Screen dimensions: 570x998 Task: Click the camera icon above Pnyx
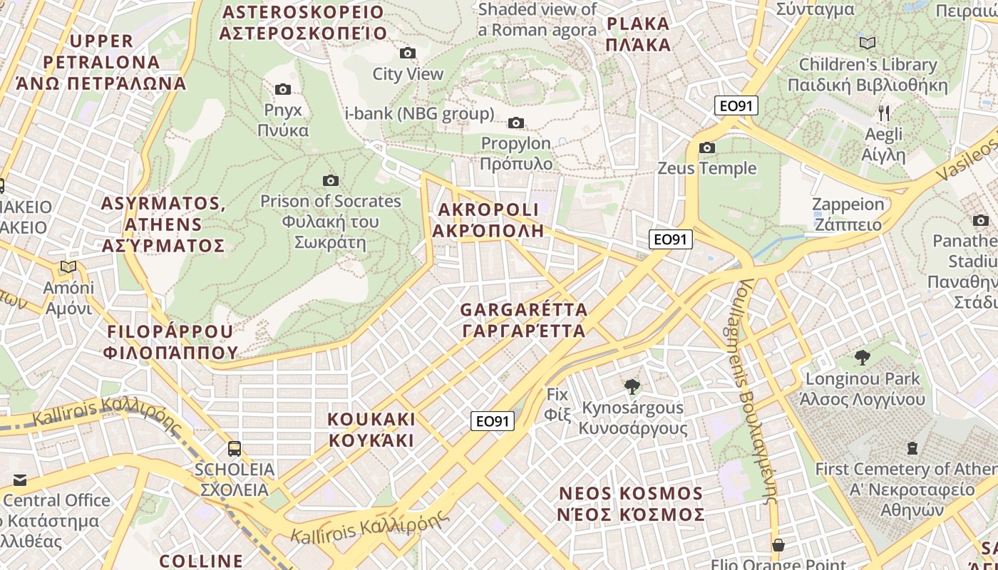point(283,89)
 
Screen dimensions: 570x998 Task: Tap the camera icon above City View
point(408,53)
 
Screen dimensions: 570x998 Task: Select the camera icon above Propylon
point(516,123)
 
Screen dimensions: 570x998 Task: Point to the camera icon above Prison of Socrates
point(330,180)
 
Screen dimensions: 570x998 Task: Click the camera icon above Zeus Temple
point(707,147)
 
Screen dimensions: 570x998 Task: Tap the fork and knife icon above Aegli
point(884,113)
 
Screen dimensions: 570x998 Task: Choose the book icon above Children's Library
point(868,43)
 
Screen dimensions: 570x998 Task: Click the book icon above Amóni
point(68,267)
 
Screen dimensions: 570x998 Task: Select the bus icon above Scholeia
point(234,449)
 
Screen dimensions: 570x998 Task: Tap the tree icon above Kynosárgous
point(632,387)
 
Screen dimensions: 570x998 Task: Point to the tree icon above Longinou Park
point(863,357)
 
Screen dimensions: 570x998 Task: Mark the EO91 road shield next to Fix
point(493,421)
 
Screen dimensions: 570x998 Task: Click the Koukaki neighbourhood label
point(371,429)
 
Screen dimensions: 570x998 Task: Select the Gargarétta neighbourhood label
point(524,320)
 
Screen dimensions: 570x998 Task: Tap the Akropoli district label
point(488,220)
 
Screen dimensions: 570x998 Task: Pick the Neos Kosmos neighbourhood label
point(632,504)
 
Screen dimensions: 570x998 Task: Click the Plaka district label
point(639,34)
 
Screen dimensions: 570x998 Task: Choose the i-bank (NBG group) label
point(419,113)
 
